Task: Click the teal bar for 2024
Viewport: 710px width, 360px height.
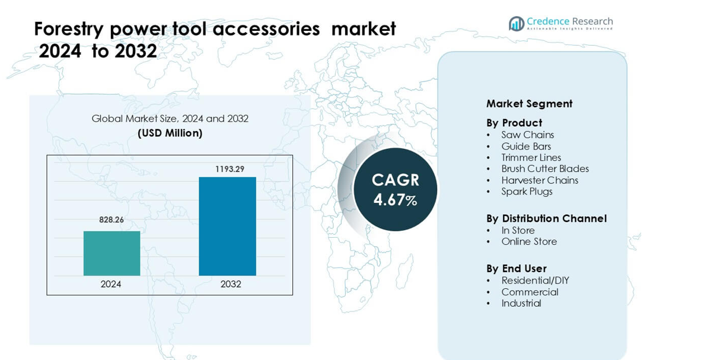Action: pos(112,253)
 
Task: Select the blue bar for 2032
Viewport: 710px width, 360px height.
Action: pos(227,226)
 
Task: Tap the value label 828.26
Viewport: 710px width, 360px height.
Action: pos(112,220)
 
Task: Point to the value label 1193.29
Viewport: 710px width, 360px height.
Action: pos(229,169)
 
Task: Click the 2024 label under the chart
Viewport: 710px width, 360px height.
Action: pos(111,284)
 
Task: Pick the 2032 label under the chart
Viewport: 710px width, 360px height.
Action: pos(231,284)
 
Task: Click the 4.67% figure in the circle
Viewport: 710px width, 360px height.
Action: pos(395,200)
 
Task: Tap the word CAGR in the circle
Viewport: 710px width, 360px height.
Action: pos(395,180)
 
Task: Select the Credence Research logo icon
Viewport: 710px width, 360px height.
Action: pos(516,24)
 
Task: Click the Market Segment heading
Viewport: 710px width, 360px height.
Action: pos(529,104)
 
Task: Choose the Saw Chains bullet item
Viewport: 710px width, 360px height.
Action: pos(527,135)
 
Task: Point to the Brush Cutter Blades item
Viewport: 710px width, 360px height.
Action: pos(545,169)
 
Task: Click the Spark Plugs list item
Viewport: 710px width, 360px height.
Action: pos(527,192)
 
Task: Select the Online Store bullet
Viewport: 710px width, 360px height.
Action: pos(529,242)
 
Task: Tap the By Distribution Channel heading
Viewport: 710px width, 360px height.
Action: pos(546,219)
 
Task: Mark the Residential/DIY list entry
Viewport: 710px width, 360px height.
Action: pos(535,281)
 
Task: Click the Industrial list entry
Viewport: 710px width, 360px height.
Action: pos(521,304)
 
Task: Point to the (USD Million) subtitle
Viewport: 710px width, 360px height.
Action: pos(170,133)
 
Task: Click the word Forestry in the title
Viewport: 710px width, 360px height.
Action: pos(69,30)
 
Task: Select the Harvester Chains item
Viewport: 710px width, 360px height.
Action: pos(540,180)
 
